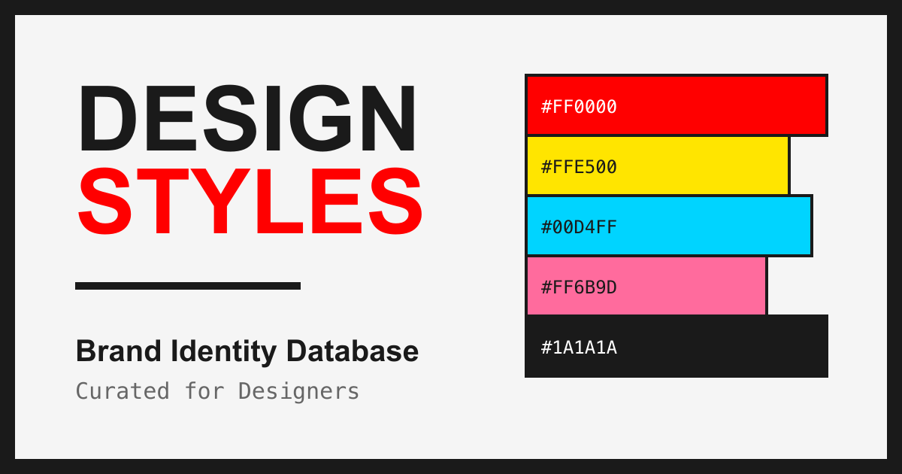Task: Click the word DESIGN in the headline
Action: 247,119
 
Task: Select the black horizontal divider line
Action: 188,286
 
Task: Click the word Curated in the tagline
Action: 123,391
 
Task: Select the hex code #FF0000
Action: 579,107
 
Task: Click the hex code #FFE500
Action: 579,167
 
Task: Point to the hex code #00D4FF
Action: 579,227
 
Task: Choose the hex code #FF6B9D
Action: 579,287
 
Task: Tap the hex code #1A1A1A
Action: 579,348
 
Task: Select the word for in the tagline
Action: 204,391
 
